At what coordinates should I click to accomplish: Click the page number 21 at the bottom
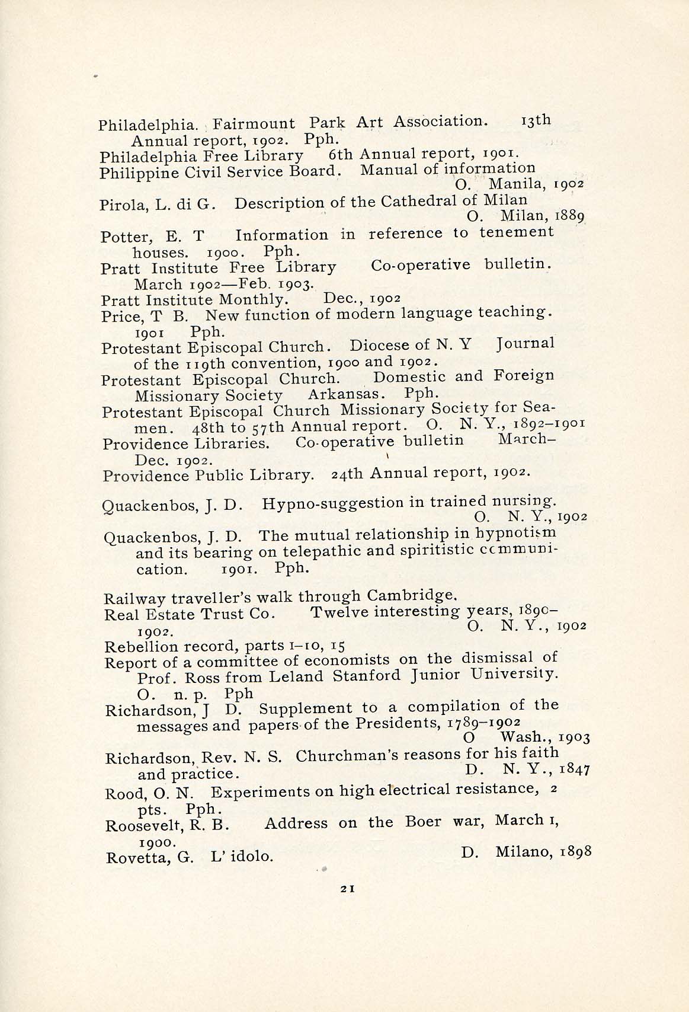pos(348,888)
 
